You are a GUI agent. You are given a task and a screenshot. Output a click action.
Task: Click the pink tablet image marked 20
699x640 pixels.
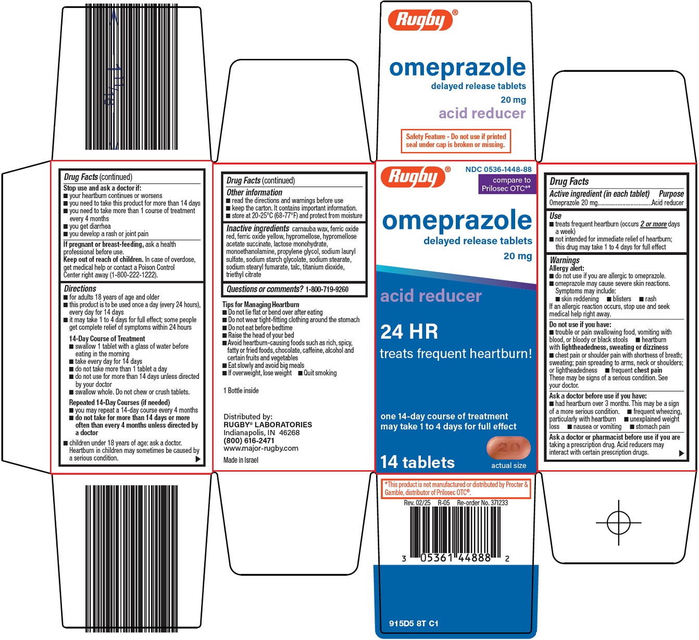[508, 448]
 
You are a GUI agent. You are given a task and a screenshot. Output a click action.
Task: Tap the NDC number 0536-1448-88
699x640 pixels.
[498, 169]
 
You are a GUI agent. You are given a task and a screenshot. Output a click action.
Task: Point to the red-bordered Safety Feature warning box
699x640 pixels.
[456, 141]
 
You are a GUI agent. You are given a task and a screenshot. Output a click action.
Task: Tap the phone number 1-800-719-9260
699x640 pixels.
[327, 289]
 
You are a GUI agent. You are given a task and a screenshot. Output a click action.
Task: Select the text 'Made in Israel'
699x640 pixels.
[241, 460]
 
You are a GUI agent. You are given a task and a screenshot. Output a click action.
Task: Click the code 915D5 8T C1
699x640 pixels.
[414, 623]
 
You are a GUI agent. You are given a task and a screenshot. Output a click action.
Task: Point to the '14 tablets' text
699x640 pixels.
[417, 462]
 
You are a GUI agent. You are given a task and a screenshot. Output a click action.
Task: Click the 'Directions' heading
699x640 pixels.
[80, 289]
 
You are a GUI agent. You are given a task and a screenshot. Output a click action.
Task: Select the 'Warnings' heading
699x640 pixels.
[565, 260]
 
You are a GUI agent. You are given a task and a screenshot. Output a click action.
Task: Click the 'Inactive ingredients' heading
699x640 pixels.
[258, 228]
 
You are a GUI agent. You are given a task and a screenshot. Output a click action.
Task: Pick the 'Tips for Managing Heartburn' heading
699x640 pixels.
[261, 304]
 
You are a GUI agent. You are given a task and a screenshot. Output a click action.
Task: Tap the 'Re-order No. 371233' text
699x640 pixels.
[482, 503]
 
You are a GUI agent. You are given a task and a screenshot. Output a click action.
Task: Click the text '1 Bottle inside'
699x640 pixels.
[241, 390]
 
